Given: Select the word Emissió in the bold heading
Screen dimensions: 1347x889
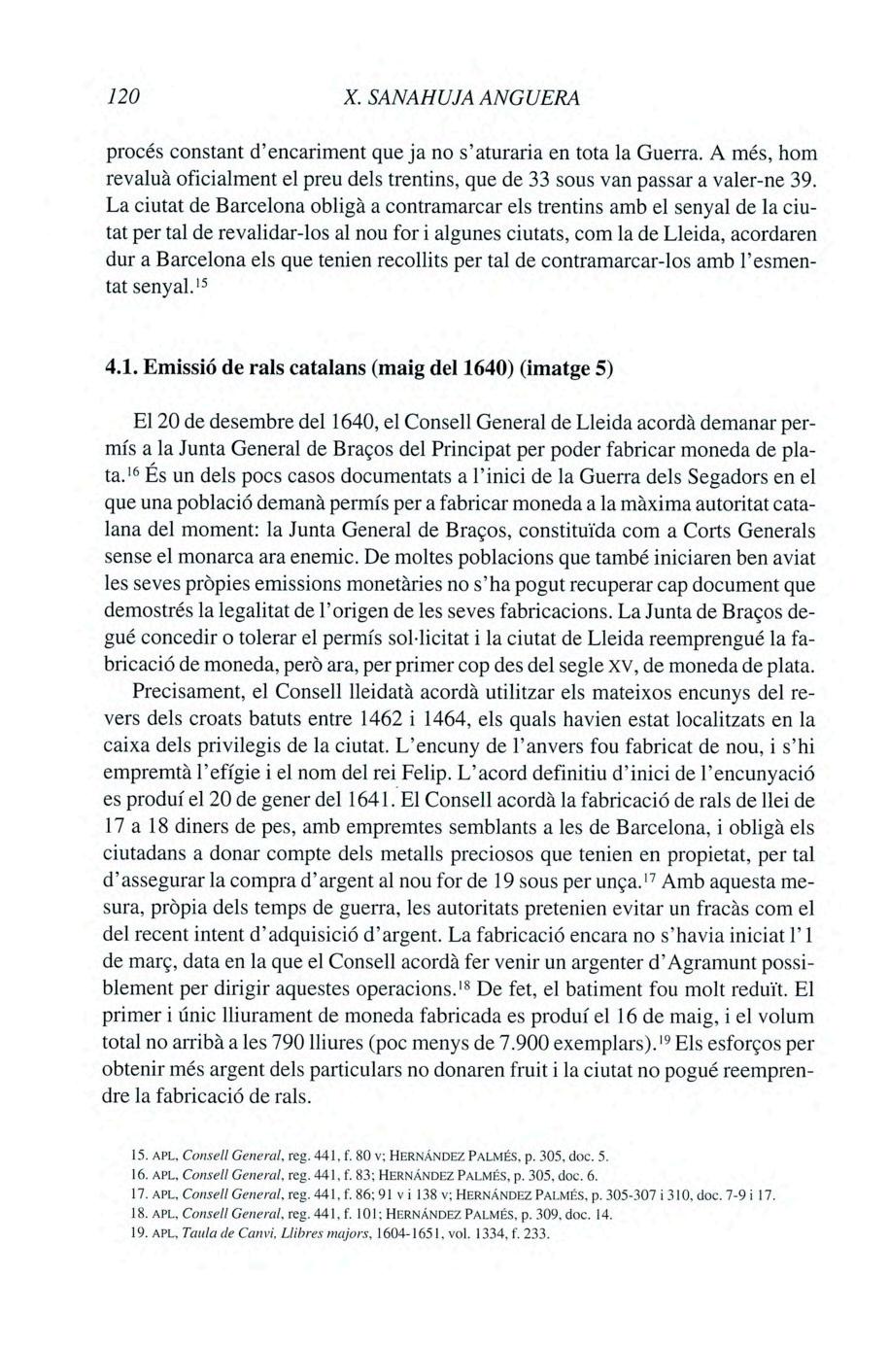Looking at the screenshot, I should [183, 371].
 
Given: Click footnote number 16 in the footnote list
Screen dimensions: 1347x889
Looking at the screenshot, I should [138, 1176].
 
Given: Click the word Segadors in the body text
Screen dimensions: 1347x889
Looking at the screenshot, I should [744, 479].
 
